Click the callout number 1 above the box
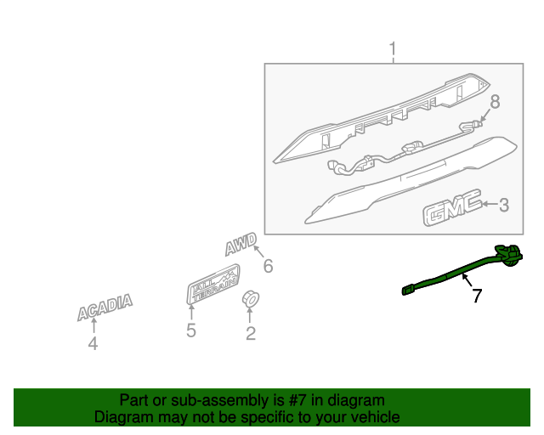point(393,49)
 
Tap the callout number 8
point(495,102)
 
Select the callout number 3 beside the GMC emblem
point(504,205)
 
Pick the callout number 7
point(478,296)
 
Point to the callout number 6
point(269,266)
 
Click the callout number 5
point(191,330)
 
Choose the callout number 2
point(251,333)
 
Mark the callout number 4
point(93,343)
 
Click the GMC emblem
point(452,207)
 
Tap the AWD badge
point(241,244)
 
